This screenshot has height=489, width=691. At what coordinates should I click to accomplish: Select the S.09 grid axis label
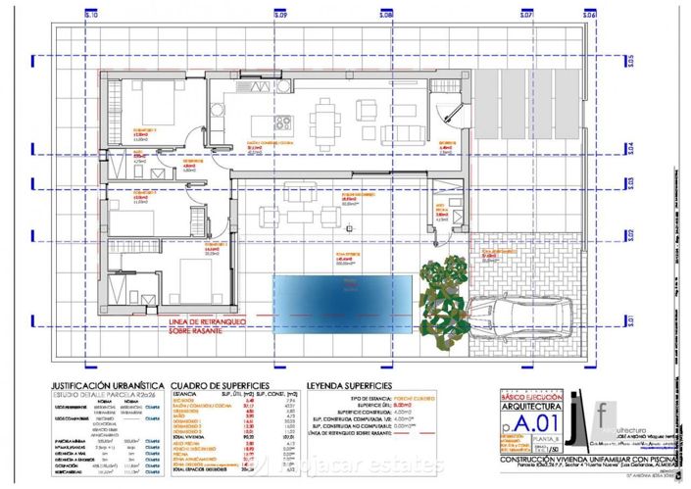click(280, 16)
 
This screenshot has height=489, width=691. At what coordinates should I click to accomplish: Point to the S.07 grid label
click(526, 16)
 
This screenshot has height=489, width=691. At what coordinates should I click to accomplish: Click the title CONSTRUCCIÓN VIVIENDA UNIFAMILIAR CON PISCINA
click(588, 459)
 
